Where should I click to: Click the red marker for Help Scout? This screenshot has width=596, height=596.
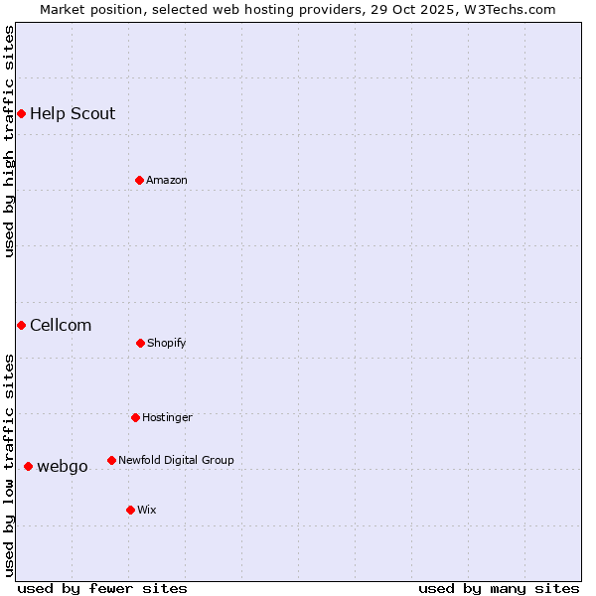tap(21, 114)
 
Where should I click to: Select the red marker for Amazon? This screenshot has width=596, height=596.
tap(139, 180)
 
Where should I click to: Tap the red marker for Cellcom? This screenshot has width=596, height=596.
tap(21, 325)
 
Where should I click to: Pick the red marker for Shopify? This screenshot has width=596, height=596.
tap(140, 343)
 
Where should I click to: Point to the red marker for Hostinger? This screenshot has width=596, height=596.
tap(135, 417)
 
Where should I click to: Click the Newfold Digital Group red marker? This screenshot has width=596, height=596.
tap(111, 460)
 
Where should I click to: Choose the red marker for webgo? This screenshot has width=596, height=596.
tap(28, 466)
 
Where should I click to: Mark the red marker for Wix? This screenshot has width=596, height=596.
tap(130, 510)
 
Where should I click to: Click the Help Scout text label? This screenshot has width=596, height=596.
tap(73, 114)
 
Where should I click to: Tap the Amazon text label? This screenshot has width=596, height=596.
tap(167, 180)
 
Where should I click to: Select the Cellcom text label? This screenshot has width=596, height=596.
tap(61, 325)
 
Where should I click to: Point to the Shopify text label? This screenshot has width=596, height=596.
tap(167, 343)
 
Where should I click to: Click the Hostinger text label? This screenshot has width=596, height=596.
tap(167, 417)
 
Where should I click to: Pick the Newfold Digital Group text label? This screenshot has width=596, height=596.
tap(176, 460)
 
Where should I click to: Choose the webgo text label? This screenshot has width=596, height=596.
tap(63, 466)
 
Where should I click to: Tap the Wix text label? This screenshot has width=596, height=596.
tap(147, 510)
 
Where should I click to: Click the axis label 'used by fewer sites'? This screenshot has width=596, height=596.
tap(102, 588)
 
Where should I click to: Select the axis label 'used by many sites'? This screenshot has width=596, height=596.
tap(499, 588)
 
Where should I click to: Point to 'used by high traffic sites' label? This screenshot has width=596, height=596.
tap(9, 141)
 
